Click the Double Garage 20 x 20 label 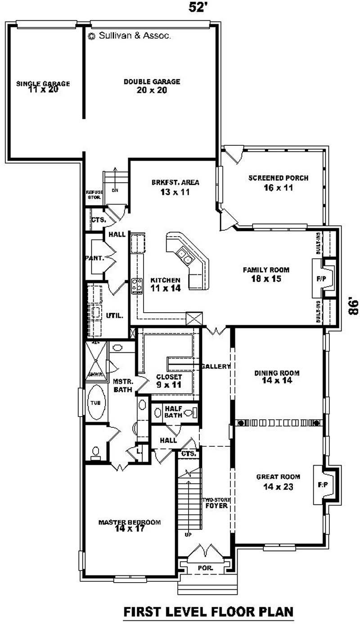tap(152, 85)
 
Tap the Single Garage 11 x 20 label tap(43, 86)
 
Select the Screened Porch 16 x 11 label tap(278, 183)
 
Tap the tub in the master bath tap(95, 403)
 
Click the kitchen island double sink tap(184, 256)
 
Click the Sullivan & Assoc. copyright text tap(130, 36)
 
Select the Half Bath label tap(173, 411)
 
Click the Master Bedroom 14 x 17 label tap(129, 525)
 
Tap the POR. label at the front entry tap(205, 568)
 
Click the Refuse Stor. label tap(94, 194)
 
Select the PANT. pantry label tap(94, 258)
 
